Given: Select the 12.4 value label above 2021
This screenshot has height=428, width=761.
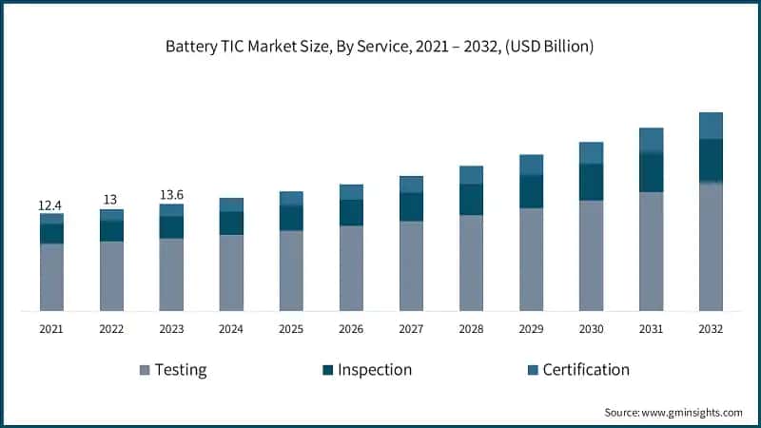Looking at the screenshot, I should coord(51,204).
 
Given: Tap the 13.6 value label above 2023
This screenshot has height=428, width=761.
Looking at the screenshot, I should coord(171,195).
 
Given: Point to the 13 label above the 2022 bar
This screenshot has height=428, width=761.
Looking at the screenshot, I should coord(111,200).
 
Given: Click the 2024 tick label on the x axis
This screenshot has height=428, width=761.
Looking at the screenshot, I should coord(231,328).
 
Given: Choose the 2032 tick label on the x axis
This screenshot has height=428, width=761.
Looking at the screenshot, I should coord(711,328).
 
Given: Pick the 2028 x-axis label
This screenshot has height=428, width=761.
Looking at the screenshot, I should coord(471,328).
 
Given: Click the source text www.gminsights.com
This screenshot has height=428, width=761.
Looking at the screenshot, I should coord(673,412).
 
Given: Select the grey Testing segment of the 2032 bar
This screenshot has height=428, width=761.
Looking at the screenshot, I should coord(711,246).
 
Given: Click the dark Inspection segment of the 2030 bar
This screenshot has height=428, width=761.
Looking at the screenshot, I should coord(591,182).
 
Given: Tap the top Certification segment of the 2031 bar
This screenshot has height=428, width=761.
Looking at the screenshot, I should coord(651,140).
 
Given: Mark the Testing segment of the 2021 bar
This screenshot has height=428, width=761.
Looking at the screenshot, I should coord(51,277).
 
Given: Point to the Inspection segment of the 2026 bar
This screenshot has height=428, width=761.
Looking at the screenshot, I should coord(351,212).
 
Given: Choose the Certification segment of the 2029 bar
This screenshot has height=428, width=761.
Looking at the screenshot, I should coord(531,165).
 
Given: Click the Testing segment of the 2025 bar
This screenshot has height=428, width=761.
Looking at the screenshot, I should coord(291,270).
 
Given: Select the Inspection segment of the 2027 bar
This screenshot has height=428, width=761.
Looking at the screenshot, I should coord(411,206).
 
